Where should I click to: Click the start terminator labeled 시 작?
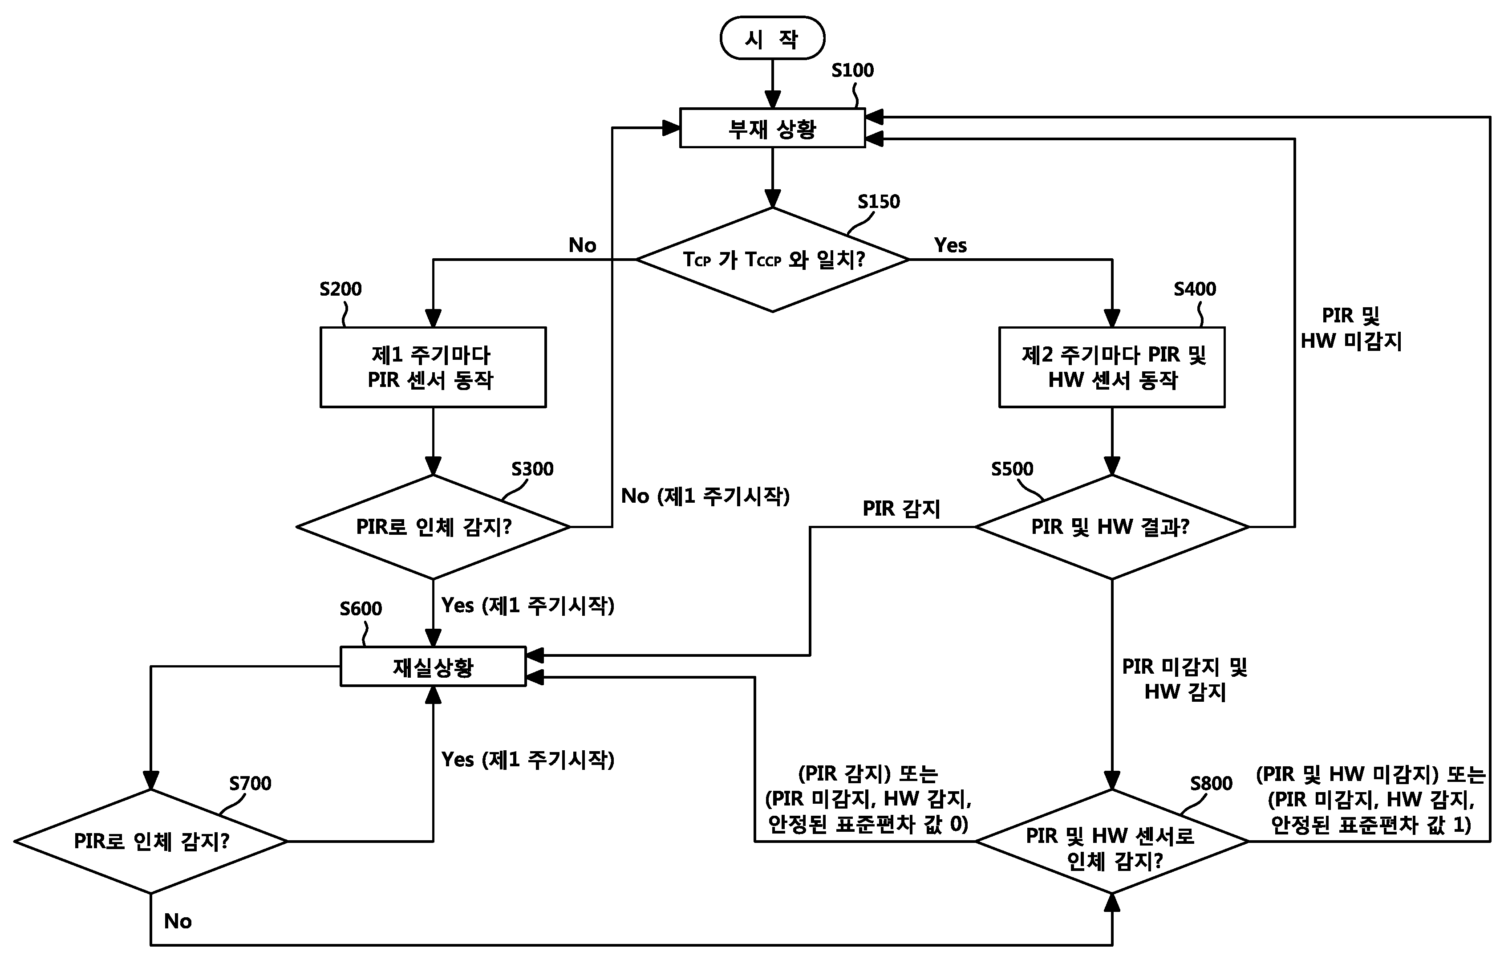coord(773,38)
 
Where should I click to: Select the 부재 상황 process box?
coord(773,128)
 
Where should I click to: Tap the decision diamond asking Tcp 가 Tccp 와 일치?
coord(773,260)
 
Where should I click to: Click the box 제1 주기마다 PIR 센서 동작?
coord(433,367)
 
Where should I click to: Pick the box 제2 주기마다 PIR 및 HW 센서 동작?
coord(1112,367)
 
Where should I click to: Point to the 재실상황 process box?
coord(433,667)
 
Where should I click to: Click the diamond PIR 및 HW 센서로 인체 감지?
coord(1112,841)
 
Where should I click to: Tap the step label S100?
coord(852,70)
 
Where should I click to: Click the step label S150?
coord(878,202)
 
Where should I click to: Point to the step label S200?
coord(341,289)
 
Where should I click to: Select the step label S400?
coord(1195,289)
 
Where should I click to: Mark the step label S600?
coord(361,608)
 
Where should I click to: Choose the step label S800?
coord(1211,784)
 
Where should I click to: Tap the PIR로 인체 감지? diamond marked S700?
coord(151,841)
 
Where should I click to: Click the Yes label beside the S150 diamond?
coord(950,245)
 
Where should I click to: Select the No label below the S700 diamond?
coord(178,921)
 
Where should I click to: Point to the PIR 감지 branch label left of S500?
coord(901,508)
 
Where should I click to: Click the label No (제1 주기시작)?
coord(705,496)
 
